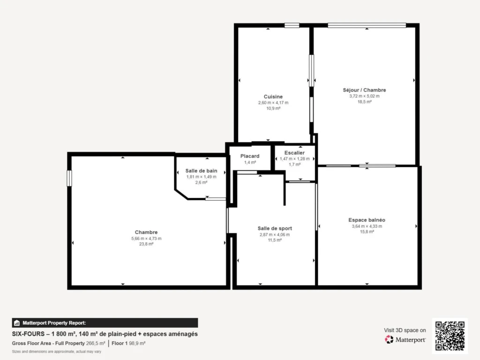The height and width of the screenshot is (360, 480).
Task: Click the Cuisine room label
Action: pyautogui.click(x=273, y=97)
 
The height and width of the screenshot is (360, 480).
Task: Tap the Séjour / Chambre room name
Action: pyautogui.click(x=364, y=90)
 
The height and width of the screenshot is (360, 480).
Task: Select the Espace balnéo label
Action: pyautogui.click(x=367, y=220)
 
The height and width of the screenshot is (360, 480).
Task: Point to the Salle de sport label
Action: pyautogui.click(x=275, y=228)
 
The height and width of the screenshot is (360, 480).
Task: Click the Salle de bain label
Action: pyautogui.click(x=201, y=171)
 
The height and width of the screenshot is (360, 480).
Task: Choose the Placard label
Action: pyautogui.click(x=250, y=156)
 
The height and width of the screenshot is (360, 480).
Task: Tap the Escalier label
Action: pyautogui.click(x=294, y=153)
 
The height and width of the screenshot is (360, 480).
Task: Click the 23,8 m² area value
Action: pyautogui.click(x=146, y=244)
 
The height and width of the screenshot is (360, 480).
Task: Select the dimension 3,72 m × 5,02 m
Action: pyautogui.click(x=364, y=96)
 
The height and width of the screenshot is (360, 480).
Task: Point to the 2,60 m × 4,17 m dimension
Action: pyautogui.click(x=273, y=103)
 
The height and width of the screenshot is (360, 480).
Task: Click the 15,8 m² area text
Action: pyautogui.click(x=367, y=232)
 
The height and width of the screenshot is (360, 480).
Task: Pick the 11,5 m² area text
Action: pyautogui.click(x=275, y=240)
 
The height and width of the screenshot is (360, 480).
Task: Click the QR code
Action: pyautogui.click(x=450, y=336)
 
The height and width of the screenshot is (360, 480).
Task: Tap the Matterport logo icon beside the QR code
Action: pyautogui.click(x=389, y=339)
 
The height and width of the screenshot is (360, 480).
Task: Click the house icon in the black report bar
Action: pyautogui.click(x=17, y=323)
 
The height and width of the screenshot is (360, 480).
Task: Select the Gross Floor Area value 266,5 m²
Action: pyautogui.click(x=96, y=344)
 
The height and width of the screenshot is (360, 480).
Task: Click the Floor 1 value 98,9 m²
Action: pyautogui.click(x=137, y=344)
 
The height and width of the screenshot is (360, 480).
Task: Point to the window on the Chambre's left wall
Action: pyautogui.click(x=69, y=178)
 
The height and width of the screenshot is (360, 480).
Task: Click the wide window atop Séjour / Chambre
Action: pyautogui.click(x=367, y=25)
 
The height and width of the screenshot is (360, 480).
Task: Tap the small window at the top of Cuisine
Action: pyautogui.click(x=292, y=25)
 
